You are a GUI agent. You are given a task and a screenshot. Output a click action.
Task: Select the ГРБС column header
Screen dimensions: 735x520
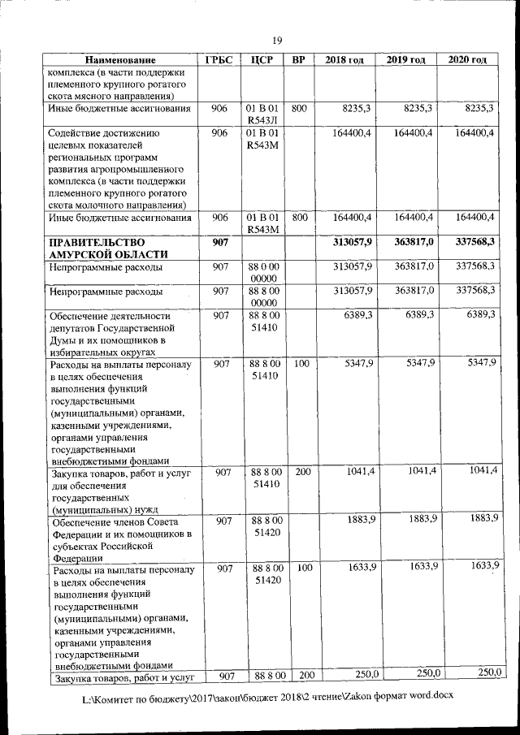point(219,61)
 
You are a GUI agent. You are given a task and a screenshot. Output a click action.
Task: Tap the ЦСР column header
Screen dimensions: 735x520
point(262,61)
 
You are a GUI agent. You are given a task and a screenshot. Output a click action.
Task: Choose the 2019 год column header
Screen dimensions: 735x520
point(405,61)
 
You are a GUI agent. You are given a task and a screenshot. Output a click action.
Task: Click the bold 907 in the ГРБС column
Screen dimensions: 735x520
point(219,242)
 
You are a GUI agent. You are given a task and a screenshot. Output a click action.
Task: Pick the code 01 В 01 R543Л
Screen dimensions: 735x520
point(262,115)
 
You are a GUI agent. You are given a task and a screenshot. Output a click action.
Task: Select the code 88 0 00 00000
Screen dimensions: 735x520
point(262,273)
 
